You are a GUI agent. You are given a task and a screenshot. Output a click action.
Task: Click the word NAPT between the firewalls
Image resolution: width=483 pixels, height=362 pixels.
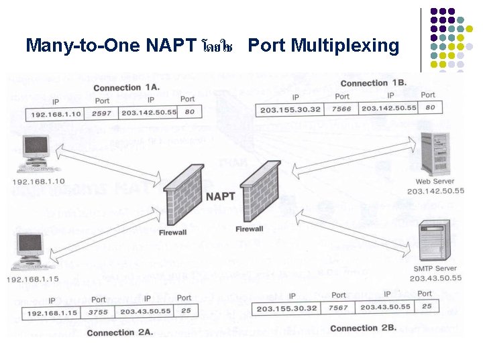pyautogui.click(x=220, y=196)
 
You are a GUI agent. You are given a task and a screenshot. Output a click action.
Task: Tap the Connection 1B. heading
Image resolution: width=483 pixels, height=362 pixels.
pyautogui.click(x=374, y=83)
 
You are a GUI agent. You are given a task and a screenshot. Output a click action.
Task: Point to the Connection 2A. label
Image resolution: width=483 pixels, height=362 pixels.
pyautogui.click(x=120, y=333)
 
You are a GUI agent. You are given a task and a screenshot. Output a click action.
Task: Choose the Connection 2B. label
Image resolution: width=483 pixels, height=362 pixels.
pyautogui.click(x=364, y=328)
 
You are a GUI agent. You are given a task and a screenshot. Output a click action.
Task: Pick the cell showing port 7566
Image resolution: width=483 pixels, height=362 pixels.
pyautogui.click(x=341, y=109)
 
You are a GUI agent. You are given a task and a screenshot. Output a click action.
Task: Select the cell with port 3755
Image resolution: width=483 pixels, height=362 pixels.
pyautogui.click(x=98, y=312)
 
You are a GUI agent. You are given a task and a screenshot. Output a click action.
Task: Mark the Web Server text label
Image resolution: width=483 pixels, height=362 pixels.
pyautogui.click(x=435, y=181)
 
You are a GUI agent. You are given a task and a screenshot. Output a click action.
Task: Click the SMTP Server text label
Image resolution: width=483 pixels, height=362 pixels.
pyautogui.click(x=435, y=269)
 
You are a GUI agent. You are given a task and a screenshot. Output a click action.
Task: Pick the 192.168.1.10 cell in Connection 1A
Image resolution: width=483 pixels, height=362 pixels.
pyautogui.click(x=56, y=114)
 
